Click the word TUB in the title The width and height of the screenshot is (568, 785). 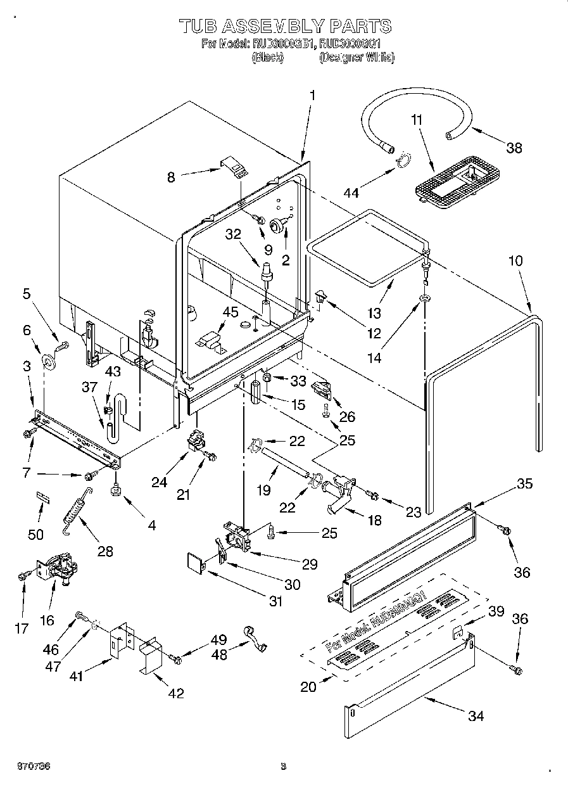coord(199,26)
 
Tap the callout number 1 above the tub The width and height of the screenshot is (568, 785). coord(312,96)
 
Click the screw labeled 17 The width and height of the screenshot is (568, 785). coord(24,575)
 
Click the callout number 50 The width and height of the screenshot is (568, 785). coord(36,535)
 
